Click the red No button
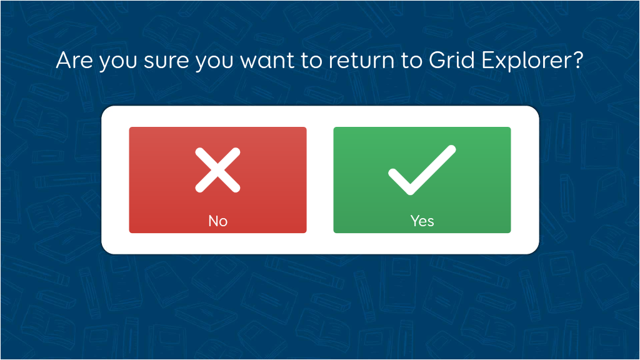click(217, 180)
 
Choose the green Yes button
click(422, 180)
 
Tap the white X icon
click(217, 170)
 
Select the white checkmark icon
click(422, 170)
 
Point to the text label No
click(218, 221)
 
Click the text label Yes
click(422, 221)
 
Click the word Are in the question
click(75, 60)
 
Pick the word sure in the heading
click(166, 61)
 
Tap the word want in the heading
click(267, 61)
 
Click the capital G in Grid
click(437, 60)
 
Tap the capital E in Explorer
click(488, 60)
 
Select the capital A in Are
click(64, 60)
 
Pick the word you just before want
click(214, 63)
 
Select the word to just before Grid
click(412, 61)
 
